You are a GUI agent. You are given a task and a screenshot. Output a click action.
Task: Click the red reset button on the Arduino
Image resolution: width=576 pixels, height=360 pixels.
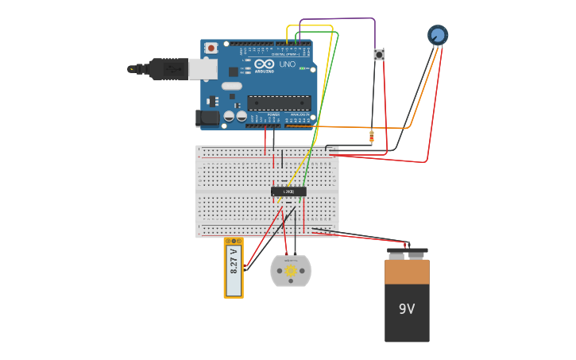pos(211,48)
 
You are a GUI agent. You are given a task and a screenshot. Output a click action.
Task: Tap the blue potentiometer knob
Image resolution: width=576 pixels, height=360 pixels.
pos(438,35)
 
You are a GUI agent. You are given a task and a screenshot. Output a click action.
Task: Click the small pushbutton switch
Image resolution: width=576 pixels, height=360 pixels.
pos(379,55)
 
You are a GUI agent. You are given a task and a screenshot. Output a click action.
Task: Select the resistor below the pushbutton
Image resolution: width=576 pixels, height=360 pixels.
pos(372,137)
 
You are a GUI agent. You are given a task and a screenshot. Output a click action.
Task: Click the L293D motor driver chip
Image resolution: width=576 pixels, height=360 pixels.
pos(288,192)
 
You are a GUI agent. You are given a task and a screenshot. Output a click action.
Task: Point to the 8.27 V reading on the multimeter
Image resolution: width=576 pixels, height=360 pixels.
pos(234,261)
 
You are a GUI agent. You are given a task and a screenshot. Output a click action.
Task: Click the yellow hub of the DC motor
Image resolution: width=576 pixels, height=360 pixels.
pos(291,271)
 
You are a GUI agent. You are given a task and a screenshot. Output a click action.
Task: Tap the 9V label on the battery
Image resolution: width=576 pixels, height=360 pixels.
pos(407,308)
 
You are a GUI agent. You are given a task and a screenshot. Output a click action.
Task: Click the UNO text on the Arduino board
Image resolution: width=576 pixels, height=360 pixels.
pos(287,64)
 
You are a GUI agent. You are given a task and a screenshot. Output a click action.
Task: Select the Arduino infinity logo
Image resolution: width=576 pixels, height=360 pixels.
pos(264,64)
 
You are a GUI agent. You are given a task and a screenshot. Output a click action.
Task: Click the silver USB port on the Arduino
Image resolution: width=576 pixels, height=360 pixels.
pos(203,68)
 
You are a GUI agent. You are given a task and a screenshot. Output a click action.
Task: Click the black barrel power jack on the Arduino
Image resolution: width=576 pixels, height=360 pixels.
pos(207,118)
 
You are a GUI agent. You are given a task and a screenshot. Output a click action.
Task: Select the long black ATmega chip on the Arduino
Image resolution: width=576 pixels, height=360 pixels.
pos(279,102)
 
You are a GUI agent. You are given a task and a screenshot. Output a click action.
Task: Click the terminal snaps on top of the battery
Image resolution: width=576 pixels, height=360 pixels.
pos(407,254)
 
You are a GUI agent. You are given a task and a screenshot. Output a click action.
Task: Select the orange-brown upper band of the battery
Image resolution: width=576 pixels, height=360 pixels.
pos(407,271)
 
